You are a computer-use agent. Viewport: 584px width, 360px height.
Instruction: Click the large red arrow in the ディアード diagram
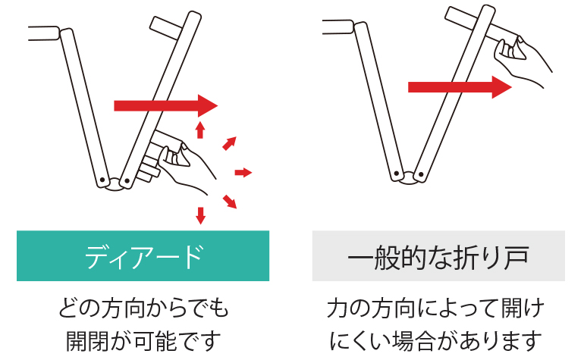[166, 106]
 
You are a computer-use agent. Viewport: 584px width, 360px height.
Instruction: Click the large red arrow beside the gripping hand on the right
[460, 87]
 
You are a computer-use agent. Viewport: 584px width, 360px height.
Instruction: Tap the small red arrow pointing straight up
[200, 130]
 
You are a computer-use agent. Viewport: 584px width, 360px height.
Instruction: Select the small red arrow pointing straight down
[201, 215]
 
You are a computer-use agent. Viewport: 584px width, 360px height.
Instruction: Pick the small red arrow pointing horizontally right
[243, 172]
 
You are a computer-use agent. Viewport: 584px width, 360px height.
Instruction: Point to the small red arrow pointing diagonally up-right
[229, 143]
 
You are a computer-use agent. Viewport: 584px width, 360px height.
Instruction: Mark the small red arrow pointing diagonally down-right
[230, 202]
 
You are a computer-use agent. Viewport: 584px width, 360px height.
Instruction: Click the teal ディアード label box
[143, 255]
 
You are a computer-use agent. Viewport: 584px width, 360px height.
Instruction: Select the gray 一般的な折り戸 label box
[438, 255]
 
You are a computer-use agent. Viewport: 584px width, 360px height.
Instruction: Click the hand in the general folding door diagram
[522, 60]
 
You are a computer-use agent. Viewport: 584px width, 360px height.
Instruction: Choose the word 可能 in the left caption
[155, 340]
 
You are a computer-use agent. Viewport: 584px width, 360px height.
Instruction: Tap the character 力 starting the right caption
[338, 308]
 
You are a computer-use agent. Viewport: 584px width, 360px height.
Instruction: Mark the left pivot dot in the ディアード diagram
[102, 180]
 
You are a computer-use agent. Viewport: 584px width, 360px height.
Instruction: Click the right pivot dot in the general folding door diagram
[421, 174]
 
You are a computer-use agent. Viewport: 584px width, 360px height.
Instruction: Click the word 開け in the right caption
[523, 308]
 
